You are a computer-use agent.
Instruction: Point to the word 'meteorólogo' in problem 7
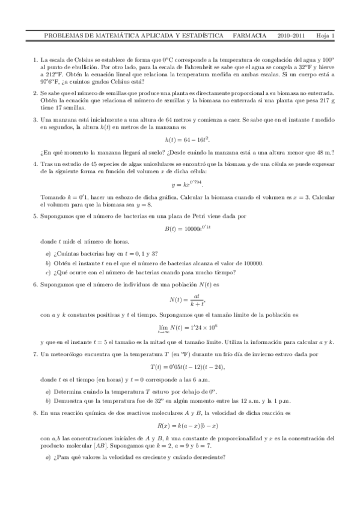pos(66,354)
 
